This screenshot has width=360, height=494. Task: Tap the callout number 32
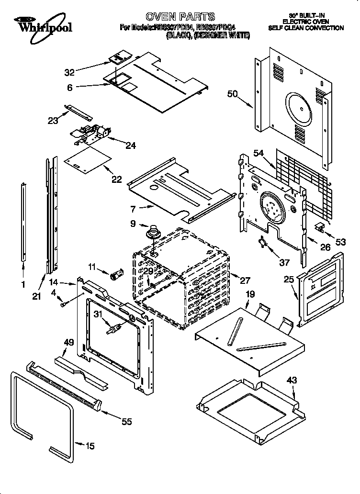click(69, 73)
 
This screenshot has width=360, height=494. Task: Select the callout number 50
click(232, 94)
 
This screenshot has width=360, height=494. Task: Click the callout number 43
click(292, 380)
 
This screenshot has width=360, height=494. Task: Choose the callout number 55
click(126, 422)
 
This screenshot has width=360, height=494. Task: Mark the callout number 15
click(90, 446)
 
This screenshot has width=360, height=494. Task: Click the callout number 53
click(340, 242)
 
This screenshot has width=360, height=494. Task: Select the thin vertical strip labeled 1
click(23, 220)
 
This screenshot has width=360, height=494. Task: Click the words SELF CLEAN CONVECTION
click(306, 28)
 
